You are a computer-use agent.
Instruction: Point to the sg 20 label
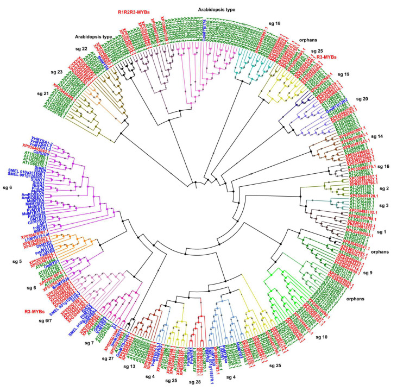361,99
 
